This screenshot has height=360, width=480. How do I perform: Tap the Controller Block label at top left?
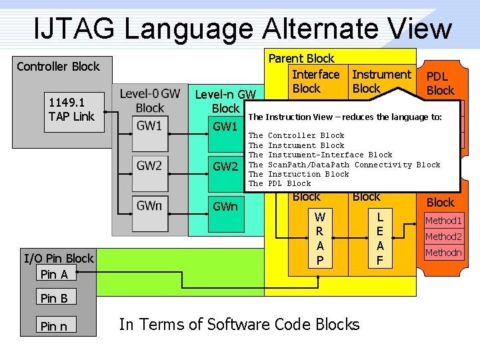pyautogui.click(x=58, y=66)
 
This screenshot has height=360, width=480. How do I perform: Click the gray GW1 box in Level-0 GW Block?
pyautogui.click(x=149, y=125)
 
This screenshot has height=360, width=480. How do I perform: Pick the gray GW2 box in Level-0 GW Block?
pyautogui.click(x=149, y=166)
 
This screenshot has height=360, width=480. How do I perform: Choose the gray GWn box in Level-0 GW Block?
pyautogui.click(x=149, y=205)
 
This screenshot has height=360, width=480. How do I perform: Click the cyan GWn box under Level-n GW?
pyautogui.click(x=225, y=206)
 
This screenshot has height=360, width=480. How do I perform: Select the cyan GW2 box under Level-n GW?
pyautogui.click(x=225, y=166)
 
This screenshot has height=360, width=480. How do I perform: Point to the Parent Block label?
pyautogui.click(x=301, y=59)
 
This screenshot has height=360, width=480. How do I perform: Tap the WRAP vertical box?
pyautogui.click(x=320, y=239)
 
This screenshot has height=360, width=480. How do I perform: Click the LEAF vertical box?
pyautogui.click(x=380, y=239)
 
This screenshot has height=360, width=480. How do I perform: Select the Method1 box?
pyautogui.click(x=443, y=221)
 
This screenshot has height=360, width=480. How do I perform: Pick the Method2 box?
pyautogui.click(x=443, y=237)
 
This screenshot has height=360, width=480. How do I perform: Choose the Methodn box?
pyautogui.click(x=443, y=253)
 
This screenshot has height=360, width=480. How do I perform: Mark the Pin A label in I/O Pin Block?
pyautogui.click(x=55, y=274)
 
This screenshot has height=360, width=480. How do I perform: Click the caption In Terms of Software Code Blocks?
pyautogui.click(x=239, y=325)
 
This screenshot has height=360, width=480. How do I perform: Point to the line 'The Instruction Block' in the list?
pyautogui.click(x=308, y=174)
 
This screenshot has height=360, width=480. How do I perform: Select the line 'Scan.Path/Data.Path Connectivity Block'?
pyautogui.click(x=353, y=165)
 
